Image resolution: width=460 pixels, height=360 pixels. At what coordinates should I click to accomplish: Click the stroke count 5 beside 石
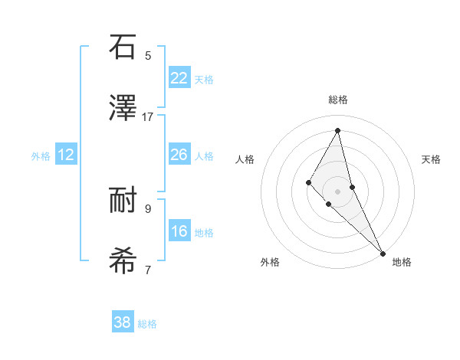pos(148,55)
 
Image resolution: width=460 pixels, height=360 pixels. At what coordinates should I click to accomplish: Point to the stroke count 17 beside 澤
pos(148,117)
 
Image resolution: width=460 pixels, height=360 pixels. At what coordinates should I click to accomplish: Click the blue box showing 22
pos(179,78)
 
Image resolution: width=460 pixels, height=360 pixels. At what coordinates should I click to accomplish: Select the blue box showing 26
pos(179,155)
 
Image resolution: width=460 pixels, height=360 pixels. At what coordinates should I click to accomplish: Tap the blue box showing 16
pos(179,231)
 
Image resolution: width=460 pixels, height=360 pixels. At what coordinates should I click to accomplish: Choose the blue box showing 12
pos(66,155)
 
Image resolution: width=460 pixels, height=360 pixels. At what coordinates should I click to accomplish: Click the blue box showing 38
pos(123,322)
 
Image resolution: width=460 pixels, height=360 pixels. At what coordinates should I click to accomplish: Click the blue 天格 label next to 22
pos(204,80)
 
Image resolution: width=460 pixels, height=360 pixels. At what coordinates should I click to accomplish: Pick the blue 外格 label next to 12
pos(41,156)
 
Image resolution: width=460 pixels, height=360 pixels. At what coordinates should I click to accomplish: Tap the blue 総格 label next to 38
pos(147,324)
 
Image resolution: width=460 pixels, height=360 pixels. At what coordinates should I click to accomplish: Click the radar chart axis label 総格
pos(338,100)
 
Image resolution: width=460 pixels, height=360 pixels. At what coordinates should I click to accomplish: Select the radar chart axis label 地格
pos(402,262)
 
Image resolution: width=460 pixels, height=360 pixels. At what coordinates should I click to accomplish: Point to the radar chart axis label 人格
pos(245,159)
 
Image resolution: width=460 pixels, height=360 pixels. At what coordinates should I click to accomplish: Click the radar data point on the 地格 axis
pos(383,254)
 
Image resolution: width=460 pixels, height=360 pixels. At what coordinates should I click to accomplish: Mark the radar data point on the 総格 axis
pos(338,131)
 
